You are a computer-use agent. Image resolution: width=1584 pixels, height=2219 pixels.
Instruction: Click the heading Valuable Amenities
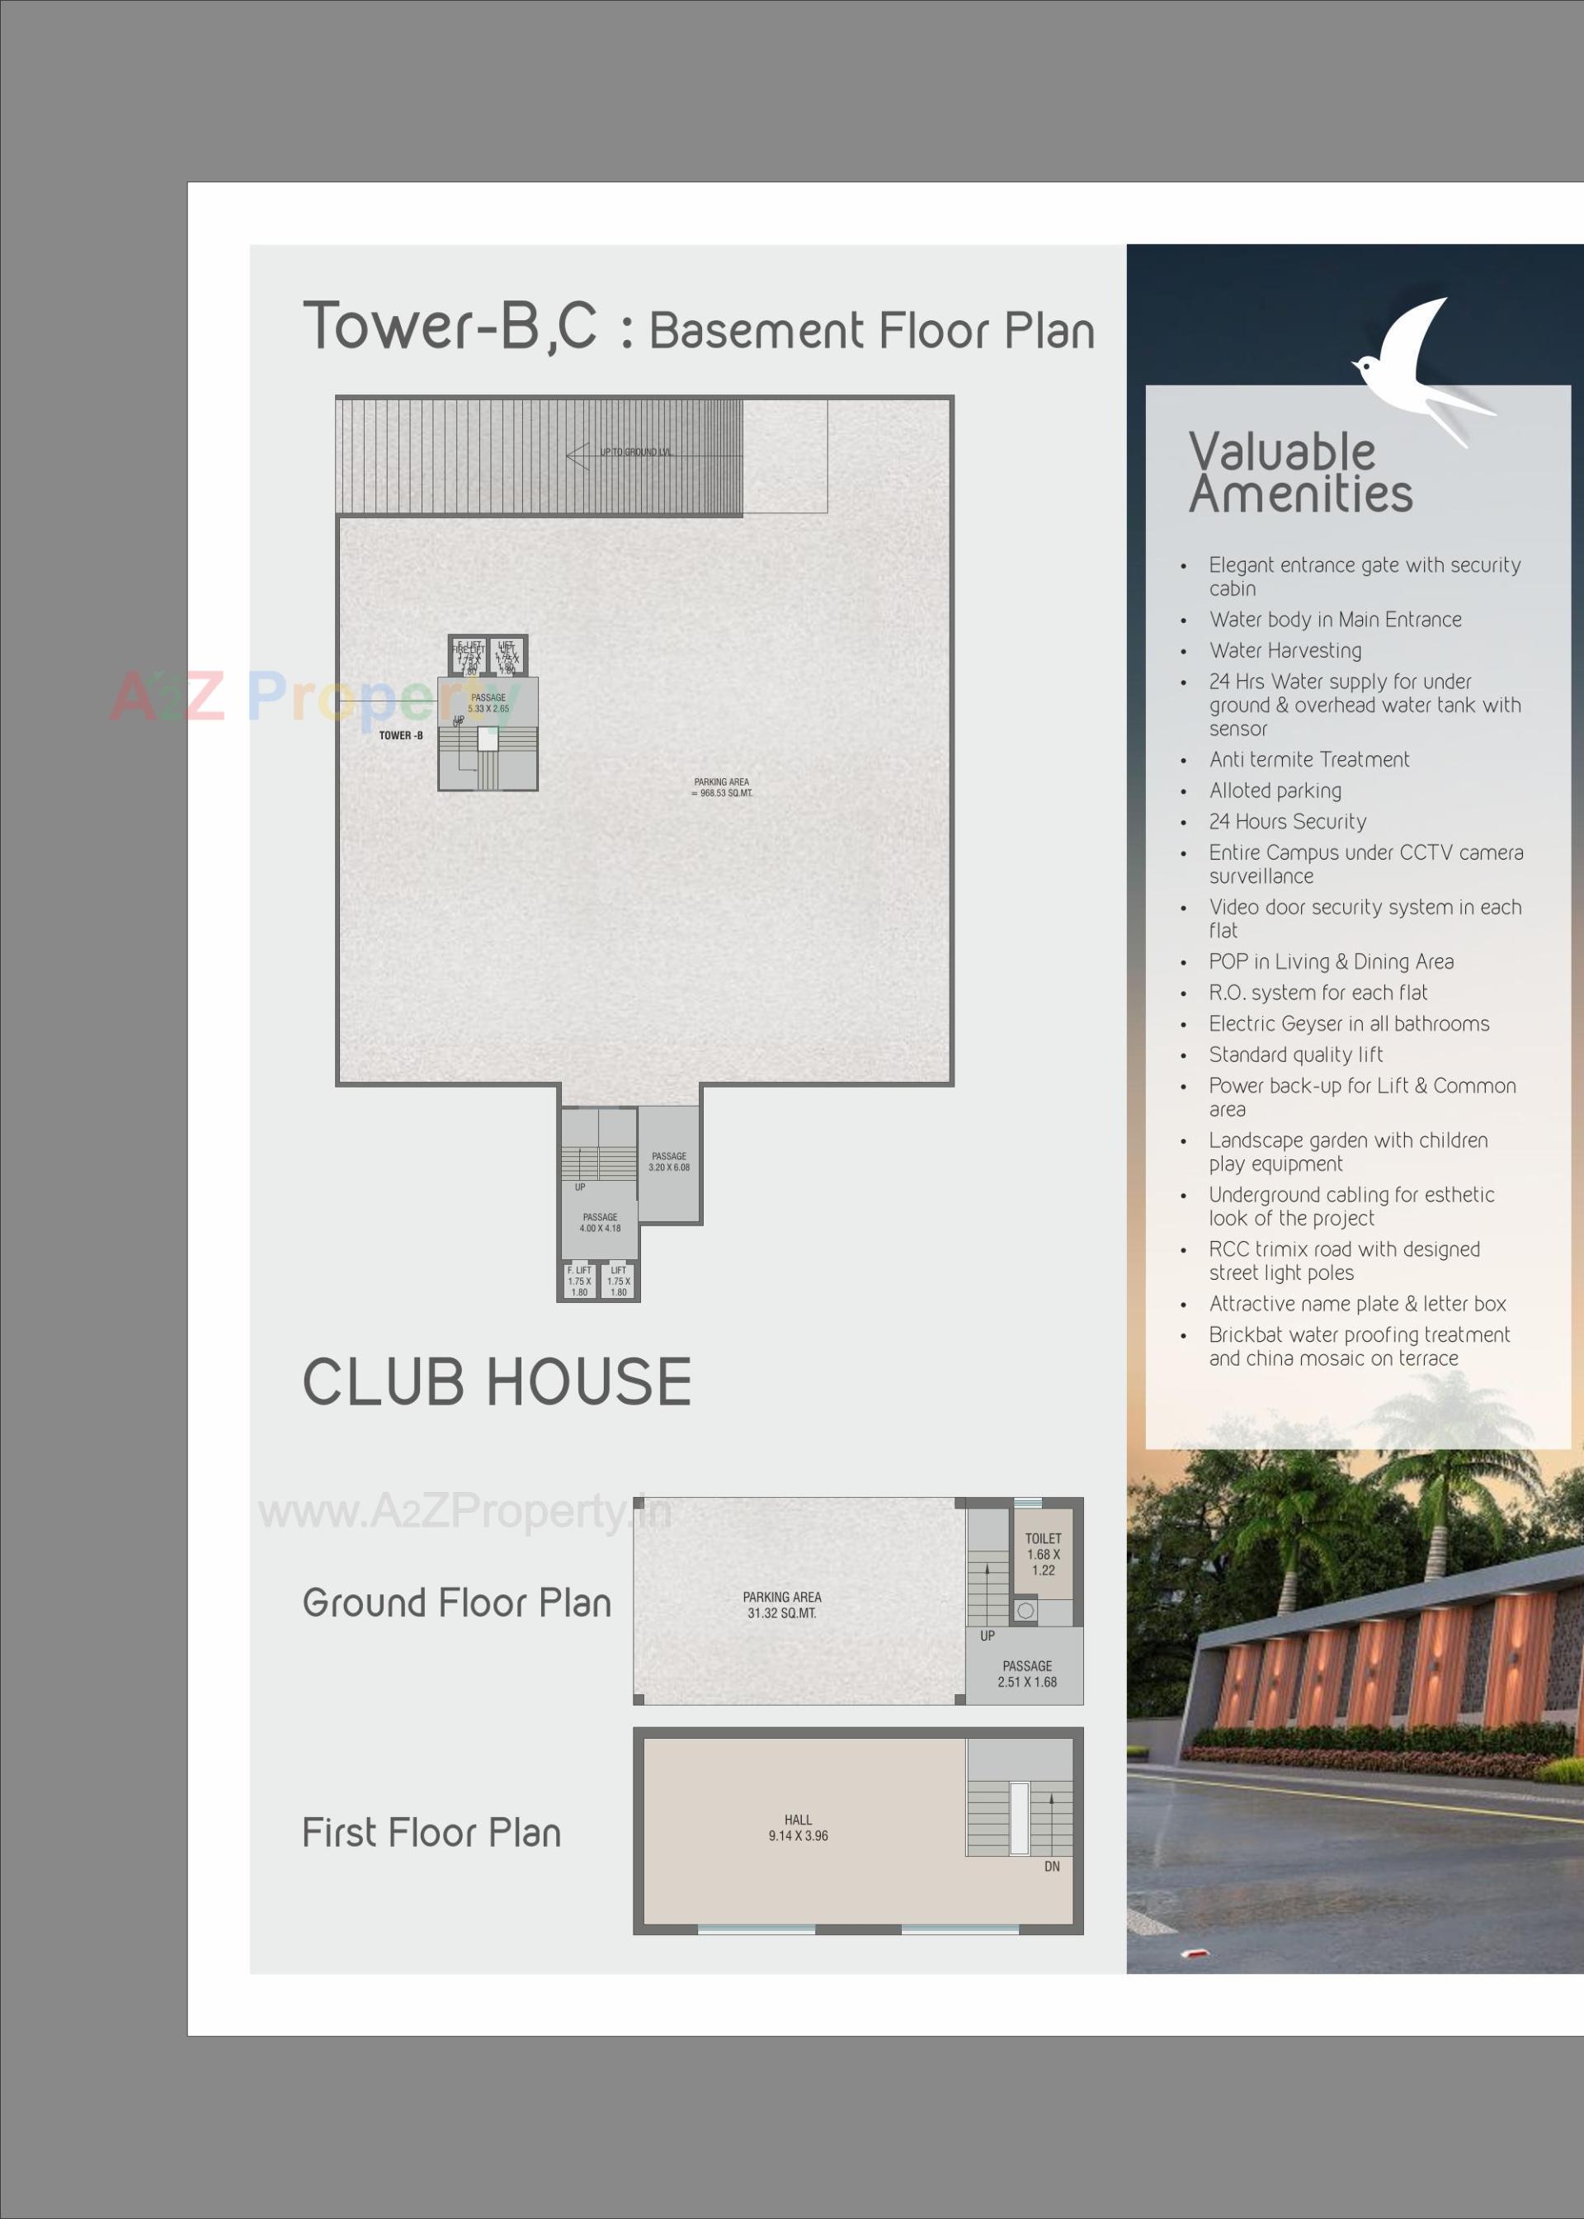click(1299, 473)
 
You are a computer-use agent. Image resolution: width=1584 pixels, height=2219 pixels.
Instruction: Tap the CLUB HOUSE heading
click(497, 1382)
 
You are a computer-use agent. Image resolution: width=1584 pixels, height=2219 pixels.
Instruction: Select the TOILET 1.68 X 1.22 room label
click(1043, 1554)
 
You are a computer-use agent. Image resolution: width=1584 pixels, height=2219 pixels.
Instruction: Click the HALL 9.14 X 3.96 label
click(798, 1827)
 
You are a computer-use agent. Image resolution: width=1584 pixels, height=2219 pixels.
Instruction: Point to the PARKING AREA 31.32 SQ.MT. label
click(781, 1604)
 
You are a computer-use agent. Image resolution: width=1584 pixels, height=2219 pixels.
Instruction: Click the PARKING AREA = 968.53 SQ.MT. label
click(722, 787)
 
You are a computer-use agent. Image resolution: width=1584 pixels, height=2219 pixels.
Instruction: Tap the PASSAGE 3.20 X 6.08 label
click(669, 1161)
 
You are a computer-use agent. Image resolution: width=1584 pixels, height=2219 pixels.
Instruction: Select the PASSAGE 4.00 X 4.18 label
click(600, 1222)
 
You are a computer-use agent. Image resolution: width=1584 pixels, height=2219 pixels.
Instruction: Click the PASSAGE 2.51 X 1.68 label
click(1026, 1674)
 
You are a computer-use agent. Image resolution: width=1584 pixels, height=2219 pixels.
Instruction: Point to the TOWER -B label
click(401, 735)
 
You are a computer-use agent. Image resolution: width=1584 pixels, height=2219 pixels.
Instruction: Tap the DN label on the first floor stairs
click(1051, 1866)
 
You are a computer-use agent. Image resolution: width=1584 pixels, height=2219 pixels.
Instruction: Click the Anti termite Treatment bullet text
click(1309, 760)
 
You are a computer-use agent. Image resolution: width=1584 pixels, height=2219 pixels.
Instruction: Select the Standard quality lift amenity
click(1295, 1055)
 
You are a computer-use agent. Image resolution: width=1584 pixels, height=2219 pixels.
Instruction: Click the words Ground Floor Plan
click(456, 1603)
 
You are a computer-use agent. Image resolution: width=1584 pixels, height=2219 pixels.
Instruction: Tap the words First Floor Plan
click(431, 1833)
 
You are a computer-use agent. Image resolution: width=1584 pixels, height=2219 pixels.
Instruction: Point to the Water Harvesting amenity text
click(1285, 650)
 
